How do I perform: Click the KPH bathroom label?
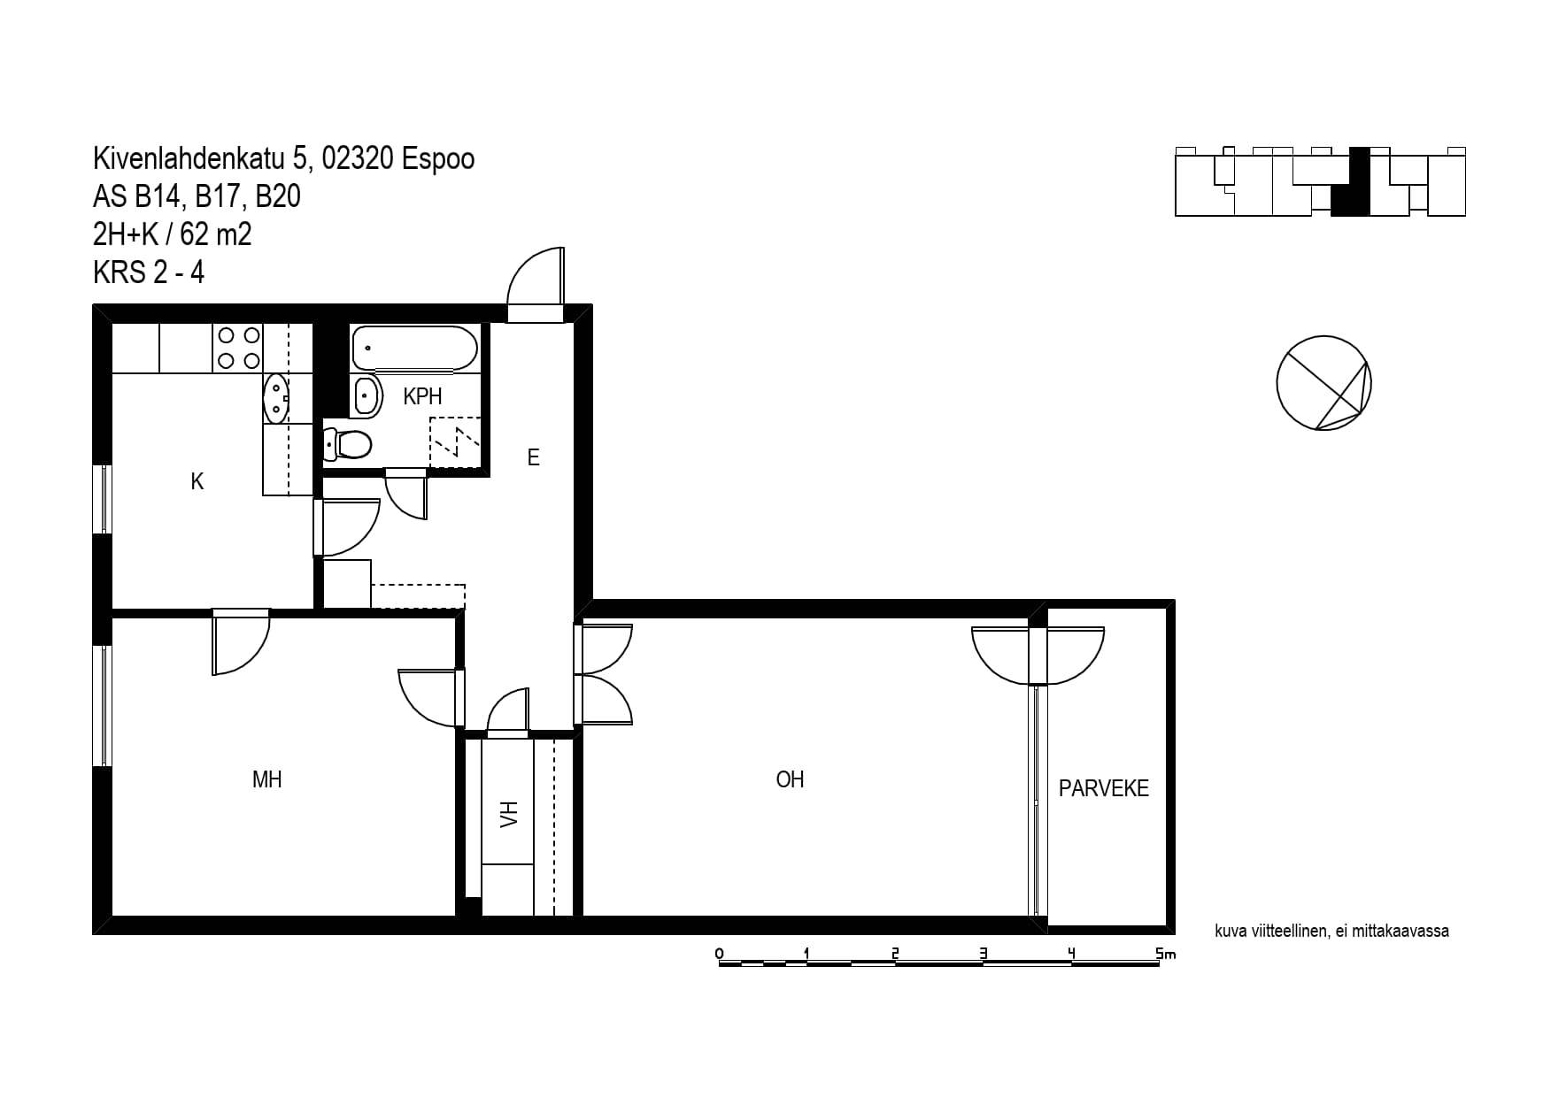coord(422,396)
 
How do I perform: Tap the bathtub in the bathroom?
coord(415,349)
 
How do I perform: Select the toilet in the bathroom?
coord(347,444)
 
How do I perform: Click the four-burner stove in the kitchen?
coord(239,348)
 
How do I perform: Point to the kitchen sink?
coord(276,399)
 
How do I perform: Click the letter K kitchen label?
coord(197,481)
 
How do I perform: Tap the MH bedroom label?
coord(267,779)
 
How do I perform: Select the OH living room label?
coord(790,779)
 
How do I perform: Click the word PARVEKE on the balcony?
coord(1104,788)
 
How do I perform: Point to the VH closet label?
coord(508,814)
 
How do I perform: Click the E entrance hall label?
coord(533,457)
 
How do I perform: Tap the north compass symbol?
coord(1324,383)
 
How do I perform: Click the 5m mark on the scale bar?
coord(1165,954)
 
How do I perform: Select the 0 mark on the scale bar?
coord(719,954)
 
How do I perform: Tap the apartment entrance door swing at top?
coord(536,276)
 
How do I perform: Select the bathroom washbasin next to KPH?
coord(367,395)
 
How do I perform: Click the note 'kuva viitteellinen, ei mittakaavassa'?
coord(1332,931)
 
